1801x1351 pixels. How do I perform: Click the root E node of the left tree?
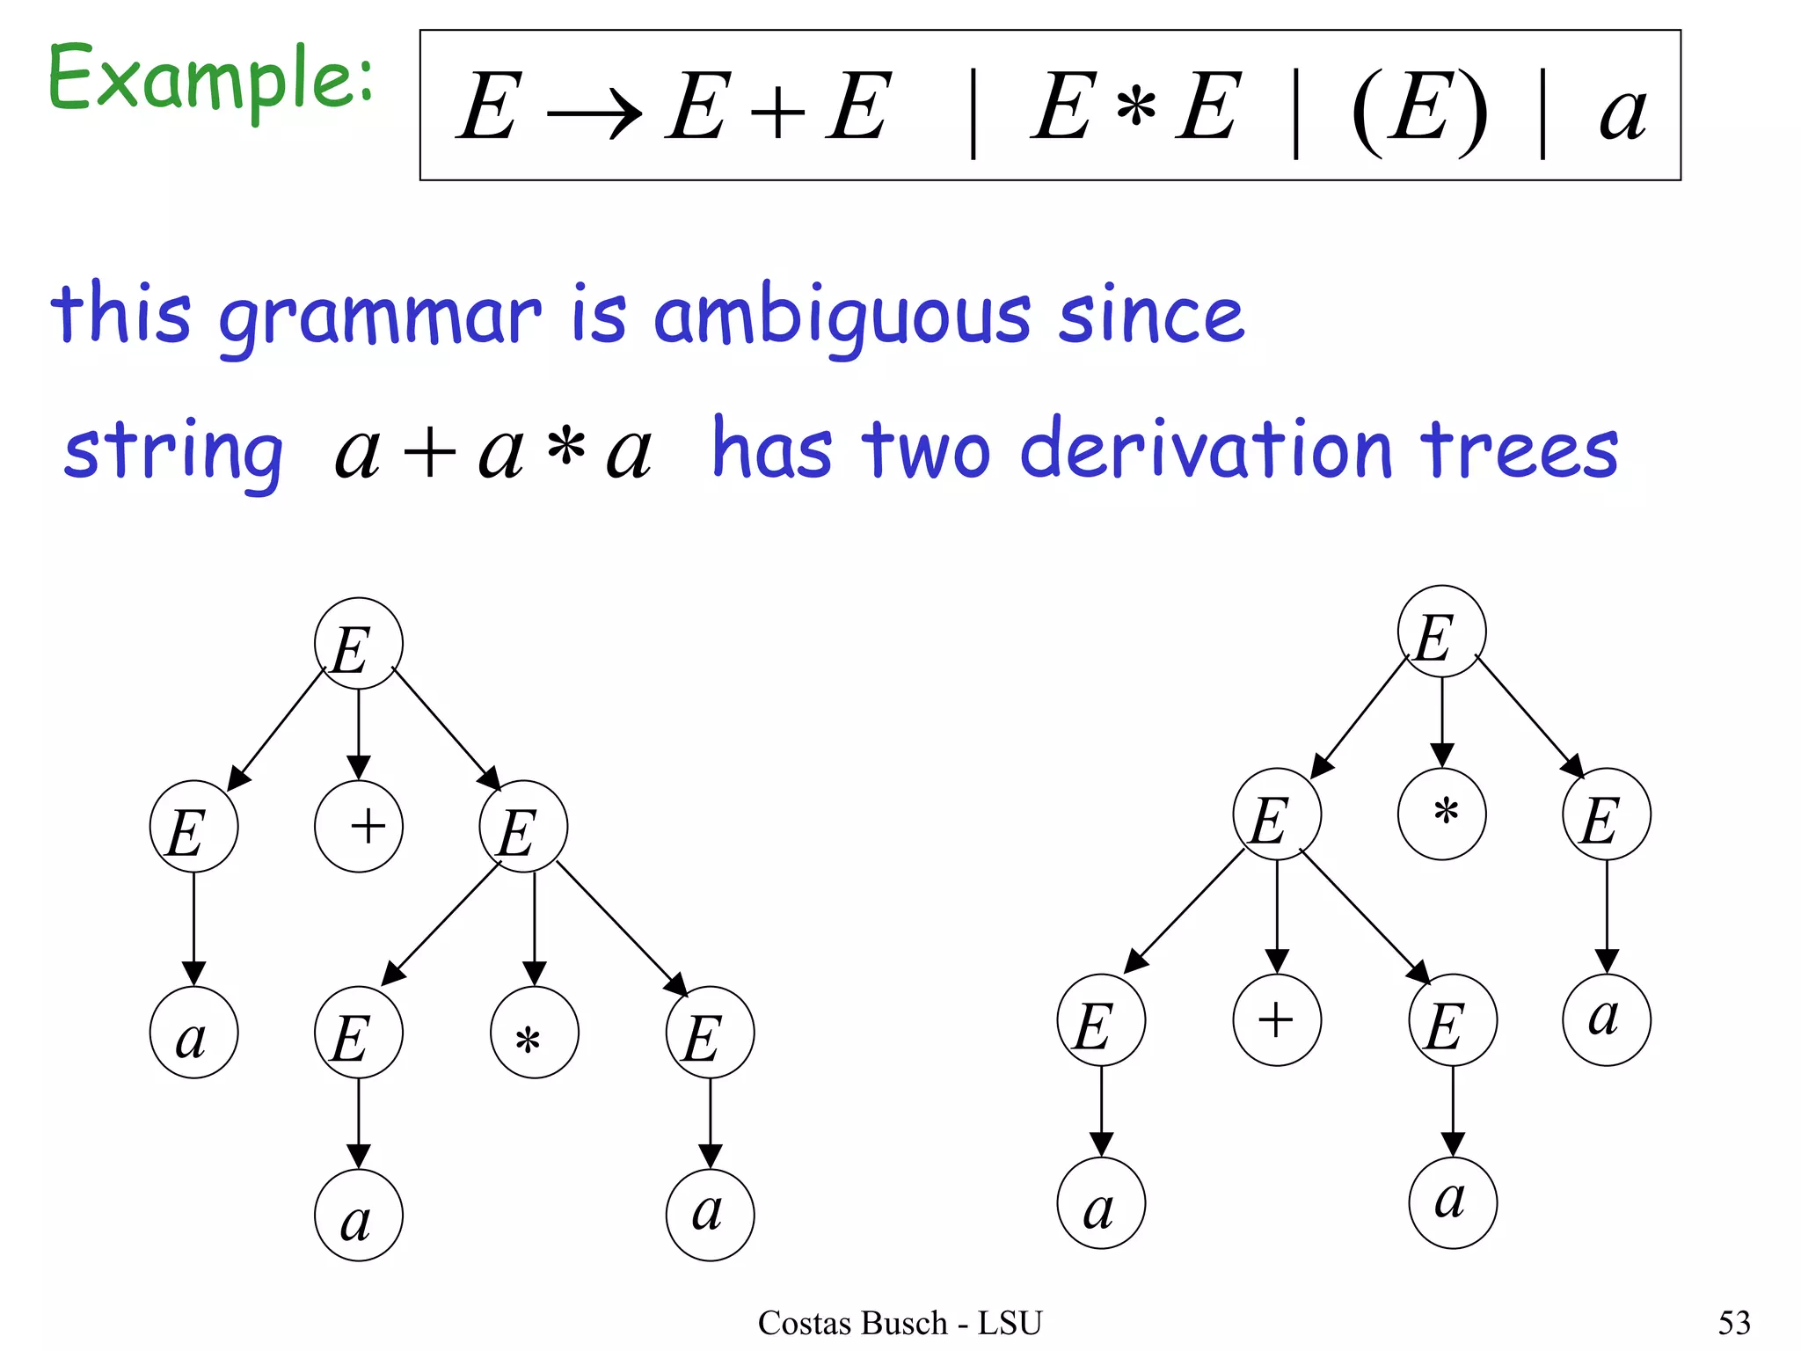click(x=359, y=644)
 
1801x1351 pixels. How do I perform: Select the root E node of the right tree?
click(x=1441, y=632)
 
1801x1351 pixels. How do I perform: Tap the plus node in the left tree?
click(x=359, y=826)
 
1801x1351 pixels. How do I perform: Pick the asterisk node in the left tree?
click(x=535, y=1033)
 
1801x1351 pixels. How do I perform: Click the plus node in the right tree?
click(x=1277, y=1020)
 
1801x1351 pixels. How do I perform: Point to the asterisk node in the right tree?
click(x=1441, y=814)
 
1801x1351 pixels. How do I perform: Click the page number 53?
click(x=1734, y=1323)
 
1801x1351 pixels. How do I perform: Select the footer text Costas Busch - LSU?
click(x=900, y=1323)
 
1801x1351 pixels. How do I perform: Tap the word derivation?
click(x=1207, y=450)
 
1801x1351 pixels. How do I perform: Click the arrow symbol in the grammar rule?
click(x=594, y=115)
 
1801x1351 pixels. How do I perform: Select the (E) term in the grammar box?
click(x=1418, y=110)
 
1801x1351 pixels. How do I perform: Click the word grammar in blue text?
click(x=380, y=318)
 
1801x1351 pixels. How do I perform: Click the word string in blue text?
click(x=173, y=453)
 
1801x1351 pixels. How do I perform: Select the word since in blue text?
click(x=1152, y=315)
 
